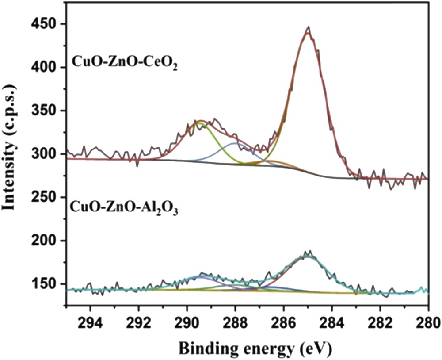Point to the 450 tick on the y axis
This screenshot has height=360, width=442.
[46, 24]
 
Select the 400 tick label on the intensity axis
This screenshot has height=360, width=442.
[46, 68]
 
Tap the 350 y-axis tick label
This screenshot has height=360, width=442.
[46, 111]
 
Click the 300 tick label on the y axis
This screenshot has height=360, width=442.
[46, 154]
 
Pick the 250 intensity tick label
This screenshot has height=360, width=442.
[46, 198]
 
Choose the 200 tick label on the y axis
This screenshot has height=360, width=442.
[46, 241]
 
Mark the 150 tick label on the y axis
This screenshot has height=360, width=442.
[46, 284]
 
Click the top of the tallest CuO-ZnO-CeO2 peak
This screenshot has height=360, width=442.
[309, 27]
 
